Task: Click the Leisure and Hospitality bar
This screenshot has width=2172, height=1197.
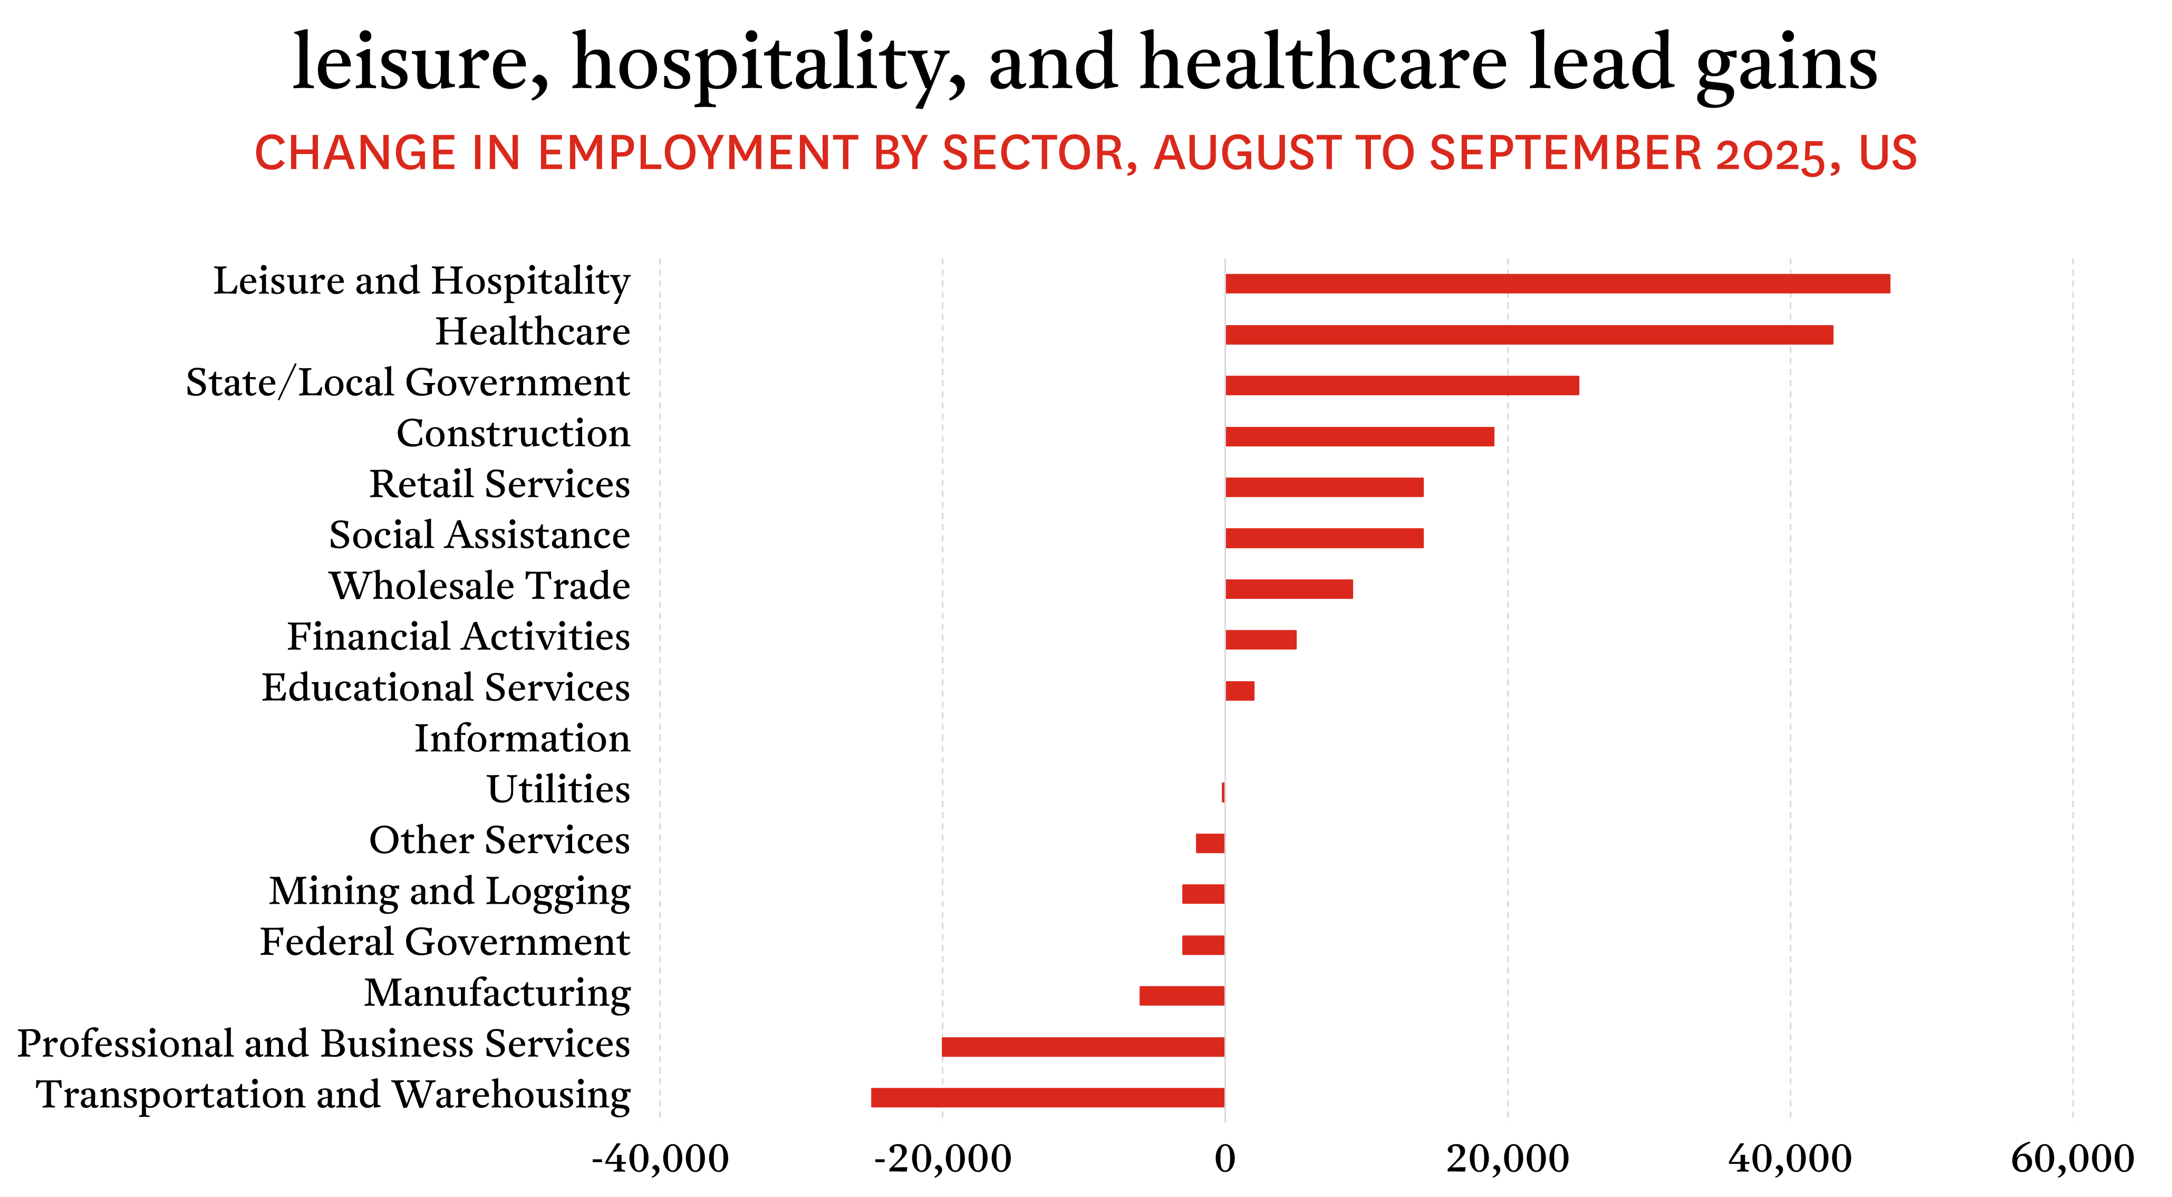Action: click(x=1557, y=283)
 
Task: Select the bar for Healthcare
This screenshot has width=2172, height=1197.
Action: click(x=1529, y=335)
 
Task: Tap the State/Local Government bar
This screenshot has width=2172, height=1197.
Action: click(x=1402, y=386)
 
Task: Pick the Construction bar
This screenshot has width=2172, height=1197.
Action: click(x=1359, y=436)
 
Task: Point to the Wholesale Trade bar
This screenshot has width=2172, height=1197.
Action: click(x=1288, y=589)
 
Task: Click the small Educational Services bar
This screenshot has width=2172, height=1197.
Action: click(x=1240, y=691)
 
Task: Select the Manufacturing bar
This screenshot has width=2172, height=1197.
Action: click(x=1181, y=995)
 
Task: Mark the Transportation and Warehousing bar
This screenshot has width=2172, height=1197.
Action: click(x=1047, y=1097)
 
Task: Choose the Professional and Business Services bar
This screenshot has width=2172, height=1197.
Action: click(x=1083, y=1047)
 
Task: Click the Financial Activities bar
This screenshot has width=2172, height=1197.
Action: click(x=1260, y=639)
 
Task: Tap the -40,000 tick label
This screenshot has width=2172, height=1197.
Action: click(x=659, y=1159)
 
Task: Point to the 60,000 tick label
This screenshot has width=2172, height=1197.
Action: click(x=2072, y=1159)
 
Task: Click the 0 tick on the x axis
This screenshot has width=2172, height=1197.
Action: click(x=1224, y=1159)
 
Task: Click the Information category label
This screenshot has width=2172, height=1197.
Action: click(x=522, y=739)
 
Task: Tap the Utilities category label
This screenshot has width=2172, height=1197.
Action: click(x=558, y=790)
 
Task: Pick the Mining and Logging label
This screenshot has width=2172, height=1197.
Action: click(x=449, y=892)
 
